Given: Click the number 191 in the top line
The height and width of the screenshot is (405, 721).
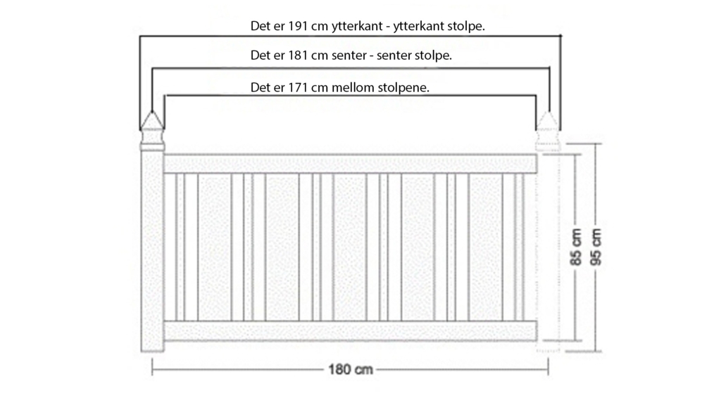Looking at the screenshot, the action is point(299,26).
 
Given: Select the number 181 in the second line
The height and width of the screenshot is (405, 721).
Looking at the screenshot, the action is point(299,56).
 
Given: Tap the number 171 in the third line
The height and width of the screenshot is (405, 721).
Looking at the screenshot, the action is point(299,87).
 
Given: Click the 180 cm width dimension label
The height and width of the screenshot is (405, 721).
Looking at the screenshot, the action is point(351,370).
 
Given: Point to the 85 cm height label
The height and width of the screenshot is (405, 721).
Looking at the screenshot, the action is point(576,247).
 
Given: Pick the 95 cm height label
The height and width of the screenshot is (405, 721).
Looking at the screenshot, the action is point(596,247).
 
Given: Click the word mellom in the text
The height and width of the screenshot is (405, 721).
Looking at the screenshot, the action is point(352,87).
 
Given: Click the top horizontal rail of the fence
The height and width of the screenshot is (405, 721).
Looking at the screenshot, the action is point(351,164).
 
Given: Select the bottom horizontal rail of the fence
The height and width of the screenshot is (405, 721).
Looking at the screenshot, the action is point(351,330).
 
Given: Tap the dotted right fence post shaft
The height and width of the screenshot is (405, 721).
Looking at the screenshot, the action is point(548,251).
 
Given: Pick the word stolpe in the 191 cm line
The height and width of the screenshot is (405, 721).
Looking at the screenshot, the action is point(465,27).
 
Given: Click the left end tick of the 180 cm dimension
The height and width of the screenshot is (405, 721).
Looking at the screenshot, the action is point(152,367).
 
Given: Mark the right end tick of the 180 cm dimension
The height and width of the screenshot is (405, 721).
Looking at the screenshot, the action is point(548,367).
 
